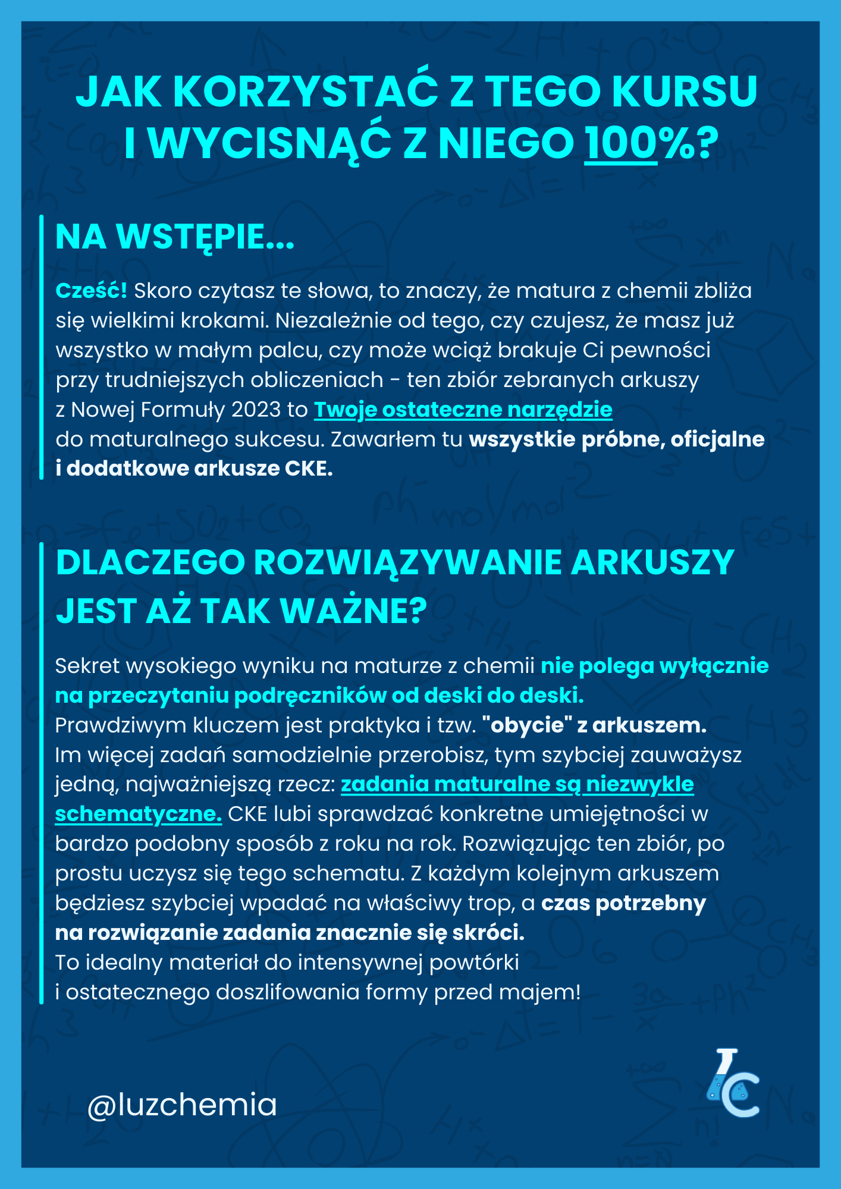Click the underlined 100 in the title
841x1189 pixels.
(x=622, y=144)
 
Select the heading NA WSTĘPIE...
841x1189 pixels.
(x=175, y=237)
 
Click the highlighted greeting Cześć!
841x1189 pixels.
(x=91, y=291)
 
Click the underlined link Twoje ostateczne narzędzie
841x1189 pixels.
(x=463, y=410)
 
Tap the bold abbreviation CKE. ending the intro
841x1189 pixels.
(x=308, y=468)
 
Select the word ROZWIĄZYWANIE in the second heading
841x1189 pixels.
(x=407, y=562)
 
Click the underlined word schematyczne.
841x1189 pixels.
(x=139, y=814)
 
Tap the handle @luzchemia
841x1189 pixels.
(x=182, y=1105)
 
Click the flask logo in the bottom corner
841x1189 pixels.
(x=732, y=1084)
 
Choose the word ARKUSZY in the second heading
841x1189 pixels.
(x=652, y=562)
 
